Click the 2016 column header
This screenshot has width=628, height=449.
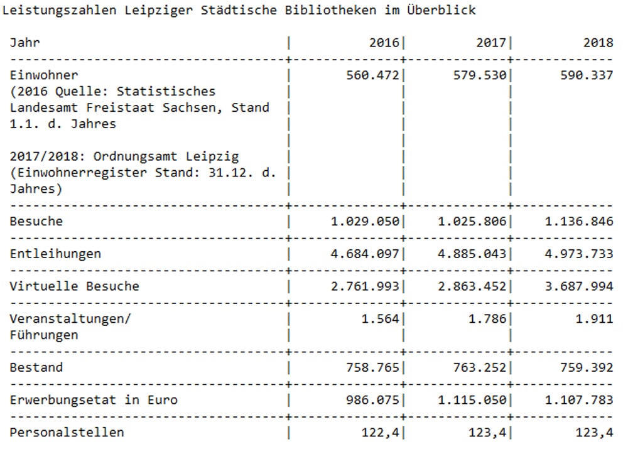coord(384,43)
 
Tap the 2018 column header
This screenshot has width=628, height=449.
coord(597,43)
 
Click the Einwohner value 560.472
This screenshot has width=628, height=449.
coord(372,75)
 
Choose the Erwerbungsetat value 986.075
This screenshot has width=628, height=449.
coord(372,400)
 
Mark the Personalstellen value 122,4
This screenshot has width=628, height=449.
coord(383,432)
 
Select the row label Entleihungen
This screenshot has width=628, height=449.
coord(55,254)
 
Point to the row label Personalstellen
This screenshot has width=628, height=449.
coord(67,432)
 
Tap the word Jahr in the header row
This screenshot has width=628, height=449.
coord(24,43)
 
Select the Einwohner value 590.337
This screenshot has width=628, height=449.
coord(587,75)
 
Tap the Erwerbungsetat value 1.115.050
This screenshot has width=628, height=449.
coord(474,400)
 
